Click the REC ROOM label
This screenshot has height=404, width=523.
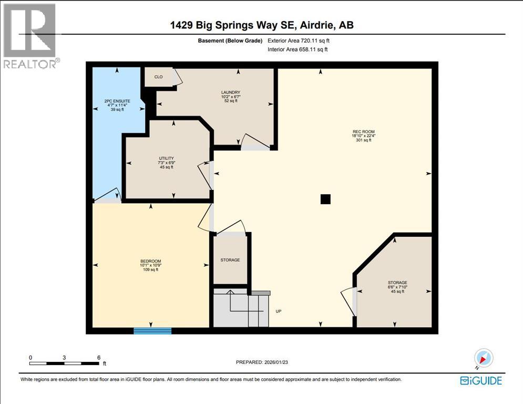(363, 132)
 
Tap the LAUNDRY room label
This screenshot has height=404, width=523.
(231, 93)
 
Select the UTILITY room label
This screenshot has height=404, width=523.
(167, 158)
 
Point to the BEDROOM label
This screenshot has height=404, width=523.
(150, 261)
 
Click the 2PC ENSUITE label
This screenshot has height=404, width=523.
(117, 100)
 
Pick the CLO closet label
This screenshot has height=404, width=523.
(158, 77)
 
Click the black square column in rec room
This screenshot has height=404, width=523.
(325, 199)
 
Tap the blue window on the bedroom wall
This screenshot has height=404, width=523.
(152, 330)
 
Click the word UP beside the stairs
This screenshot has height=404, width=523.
(279, 311)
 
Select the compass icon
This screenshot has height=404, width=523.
(484, 358)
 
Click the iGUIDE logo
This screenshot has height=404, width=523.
(480, 380)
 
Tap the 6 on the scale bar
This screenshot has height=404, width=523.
(98, 357)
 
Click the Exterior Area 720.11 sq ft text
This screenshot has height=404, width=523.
(299, 41)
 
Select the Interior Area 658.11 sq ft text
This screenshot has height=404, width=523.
(298, 49)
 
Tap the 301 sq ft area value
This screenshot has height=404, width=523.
(363, 140)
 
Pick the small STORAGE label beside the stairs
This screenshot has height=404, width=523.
(230, 260)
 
